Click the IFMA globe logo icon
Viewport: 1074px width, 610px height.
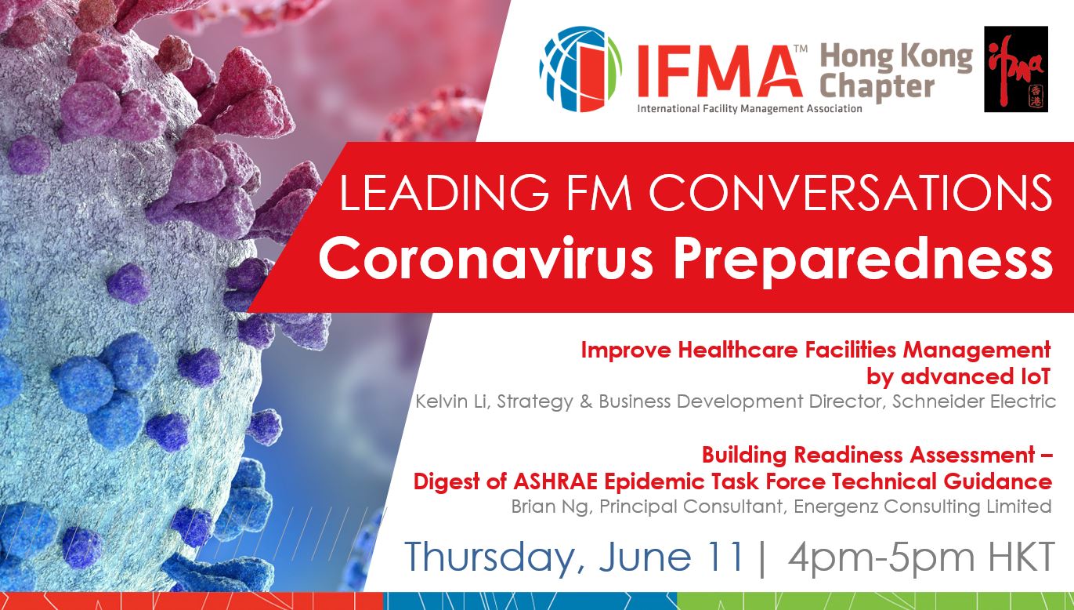pos(580,69)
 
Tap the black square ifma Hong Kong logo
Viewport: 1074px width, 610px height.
pos(1016,69)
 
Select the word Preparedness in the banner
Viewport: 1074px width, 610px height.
pos(863,262)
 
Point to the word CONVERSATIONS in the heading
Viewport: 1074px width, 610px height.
pos(851,192)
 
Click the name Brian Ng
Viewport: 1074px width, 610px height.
pos(549,507)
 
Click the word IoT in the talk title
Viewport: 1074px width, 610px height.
pos(1032,377)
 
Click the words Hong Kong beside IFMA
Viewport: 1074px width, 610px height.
pos(896,57)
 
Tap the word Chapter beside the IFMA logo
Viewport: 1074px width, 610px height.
pos(877,88)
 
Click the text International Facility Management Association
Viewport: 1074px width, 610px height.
pos(750,109)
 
